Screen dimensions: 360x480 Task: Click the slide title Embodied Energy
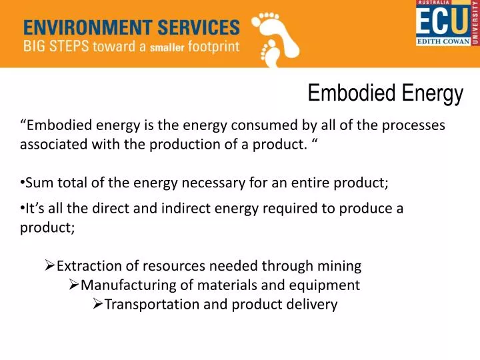pos(385,94)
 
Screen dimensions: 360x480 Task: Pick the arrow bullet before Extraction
pos(49,266)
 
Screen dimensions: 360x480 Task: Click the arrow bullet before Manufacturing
pos(74,285)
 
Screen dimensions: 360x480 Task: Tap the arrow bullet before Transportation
pos(97,305)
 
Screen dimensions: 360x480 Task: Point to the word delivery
pos(313,305)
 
